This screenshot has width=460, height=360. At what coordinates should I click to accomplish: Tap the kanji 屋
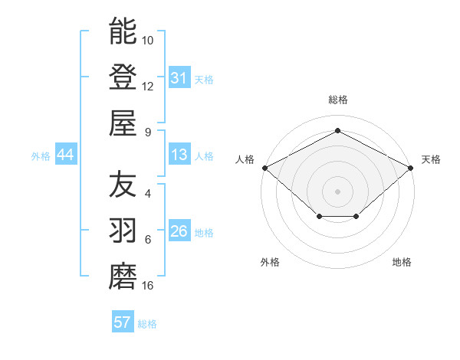[x=123, y=123]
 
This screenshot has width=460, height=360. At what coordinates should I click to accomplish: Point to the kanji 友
[x=123, y=185]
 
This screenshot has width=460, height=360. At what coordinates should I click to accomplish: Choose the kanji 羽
[x=123, y=231]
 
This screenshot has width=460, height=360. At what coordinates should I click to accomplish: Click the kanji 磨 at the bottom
[x=123, y=277]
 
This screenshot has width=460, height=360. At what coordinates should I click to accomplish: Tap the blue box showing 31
[x=179, y=78]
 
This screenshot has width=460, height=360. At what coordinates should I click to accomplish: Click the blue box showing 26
[x=179, y=231]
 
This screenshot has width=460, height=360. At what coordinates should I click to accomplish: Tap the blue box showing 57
[x=122, y=322]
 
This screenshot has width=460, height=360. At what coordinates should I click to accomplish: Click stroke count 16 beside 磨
[x=147, y=286]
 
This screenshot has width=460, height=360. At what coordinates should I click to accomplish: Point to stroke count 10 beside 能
[x=148, y=40]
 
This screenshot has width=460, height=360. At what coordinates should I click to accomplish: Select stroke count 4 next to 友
[x=147, y=194]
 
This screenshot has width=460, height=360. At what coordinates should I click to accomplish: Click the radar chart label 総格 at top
[x=337, y=100]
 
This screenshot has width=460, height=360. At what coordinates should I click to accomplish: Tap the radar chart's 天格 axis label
[x=431, y=159]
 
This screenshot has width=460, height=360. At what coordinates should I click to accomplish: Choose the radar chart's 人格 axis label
[x=245, y=159]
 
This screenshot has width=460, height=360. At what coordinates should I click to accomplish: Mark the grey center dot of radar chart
[x=337, y=191]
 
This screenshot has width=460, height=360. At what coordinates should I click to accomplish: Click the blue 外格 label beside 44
[x=41, y=156]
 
